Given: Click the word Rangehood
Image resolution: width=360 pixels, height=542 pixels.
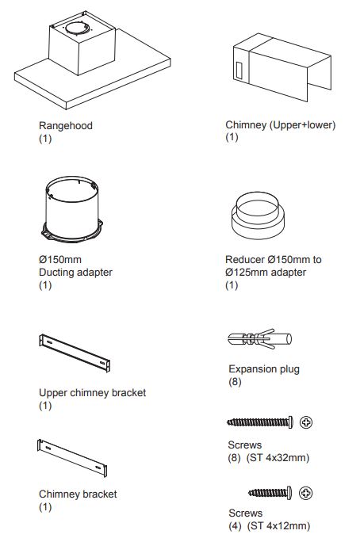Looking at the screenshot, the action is (x=66, y=125).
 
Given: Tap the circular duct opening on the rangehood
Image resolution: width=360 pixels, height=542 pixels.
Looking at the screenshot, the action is (x=78, y=29).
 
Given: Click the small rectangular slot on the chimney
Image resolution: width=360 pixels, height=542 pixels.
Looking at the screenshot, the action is (x=239, y=71).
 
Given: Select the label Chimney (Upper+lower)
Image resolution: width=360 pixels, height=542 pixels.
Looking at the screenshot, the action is (x=281, y=124).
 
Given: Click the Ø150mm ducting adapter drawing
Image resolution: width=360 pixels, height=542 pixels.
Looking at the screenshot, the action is (x=72, y=209).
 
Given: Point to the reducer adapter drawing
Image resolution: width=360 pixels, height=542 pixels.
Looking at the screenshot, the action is (x=258, y=216).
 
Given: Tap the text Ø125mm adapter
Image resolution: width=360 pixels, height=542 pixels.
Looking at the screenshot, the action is (x=266, y=273).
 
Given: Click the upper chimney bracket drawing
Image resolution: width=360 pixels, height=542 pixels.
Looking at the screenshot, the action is (x=75, y=353).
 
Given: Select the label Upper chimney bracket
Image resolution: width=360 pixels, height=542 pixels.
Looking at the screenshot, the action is (x=92, y=393).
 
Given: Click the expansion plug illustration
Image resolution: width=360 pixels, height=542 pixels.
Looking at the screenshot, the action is (x=260, y=339).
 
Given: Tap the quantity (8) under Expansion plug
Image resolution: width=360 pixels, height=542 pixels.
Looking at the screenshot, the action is (x=235, y=382).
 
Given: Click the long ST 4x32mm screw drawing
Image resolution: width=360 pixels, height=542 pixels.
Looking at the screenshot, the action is (x=260, y=422).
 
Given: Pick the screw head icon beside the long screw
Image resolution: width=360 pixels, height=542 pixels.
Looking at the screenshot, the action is (x=306, y=422).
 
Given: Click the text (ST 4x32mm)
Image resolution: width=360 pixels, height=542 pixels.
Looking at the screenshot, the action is (x=278, y=458).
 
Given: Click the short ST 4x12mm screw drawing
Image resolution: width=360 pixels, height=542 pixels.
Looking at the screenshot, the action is (x=270, y=493).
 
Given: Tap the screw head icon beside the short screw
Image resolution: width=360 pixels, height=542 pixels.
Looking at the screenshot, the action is (x=306, y=493).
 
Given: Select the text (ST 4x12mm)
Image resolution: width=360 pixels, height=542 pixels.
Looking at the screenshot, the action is (x=278, y=525).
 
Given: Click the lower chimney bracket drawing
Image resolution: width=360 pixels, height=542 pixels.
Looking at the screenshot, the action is (x=72, y=458).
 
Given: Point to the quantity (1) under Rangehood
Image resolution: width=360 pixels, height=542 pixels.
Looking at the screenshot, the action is (x=45, y=139).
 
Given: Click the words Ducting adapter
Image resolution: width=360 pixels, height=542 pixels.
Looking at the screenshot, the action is (x=76, y=273).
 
